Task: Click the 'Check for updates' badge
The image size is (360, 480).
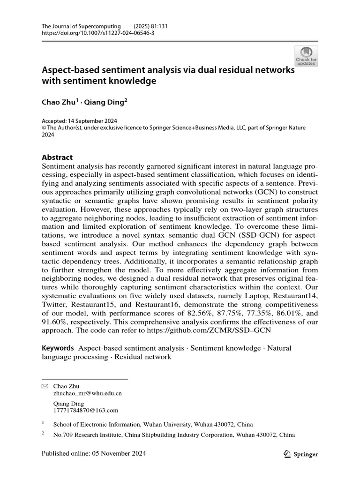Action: click(x=306, y=56)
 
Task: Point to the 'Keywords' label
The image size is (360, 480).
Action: click(x=58, y=348)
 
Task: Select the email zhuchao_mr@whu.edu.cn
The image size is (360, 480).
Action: click(x=88, y=394)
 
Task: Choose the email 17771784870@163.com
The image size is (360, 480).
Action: click(x=86, y=411)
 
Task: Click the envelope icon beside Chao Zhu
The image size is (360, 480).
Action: click(x=45, y=386)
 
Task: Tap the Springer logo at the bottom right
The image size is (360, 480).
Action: click(x=301, y=454)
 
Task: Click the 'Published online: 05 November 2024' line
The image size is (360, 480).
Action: click(x=94, y=454)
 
